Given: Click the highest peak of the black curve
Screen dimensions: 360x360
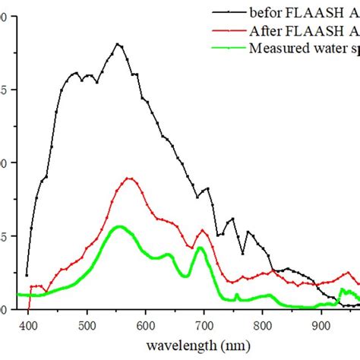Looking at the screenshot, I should point(118,44).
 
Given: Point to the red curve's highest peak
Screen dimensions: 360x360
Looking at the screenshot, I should point(129,178).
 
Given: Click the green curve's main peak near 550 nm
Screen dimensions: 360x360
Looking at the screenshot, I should point(118,226).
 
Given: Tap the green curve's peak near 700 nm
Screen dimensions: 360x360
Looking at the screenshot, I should point(200,248).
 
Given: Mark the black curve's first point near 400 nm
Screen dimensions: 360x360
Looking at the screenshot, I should point(27,275).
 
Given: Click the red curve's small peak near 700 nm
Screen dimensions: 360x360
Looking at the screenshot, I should point(203,230).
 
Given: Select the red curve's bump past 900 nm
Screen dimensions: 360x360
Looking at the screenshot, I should point(348,273).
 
